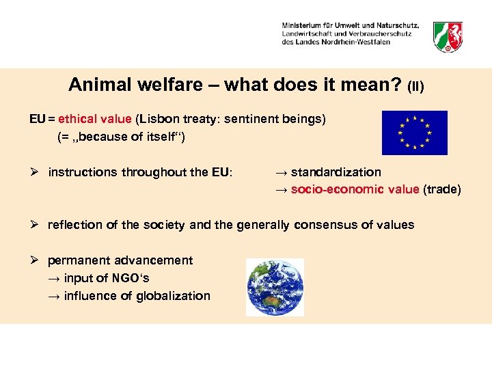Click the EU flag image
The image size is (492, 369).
coord(414,133)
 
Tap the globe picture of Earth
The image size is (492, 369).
coord(275,287)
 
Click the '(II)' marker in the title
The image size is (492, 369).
coord(415,87)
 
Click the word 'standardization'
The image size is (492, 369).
coord(336,172)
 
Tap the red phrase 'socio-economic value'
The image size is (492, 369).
coord(355,189)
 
